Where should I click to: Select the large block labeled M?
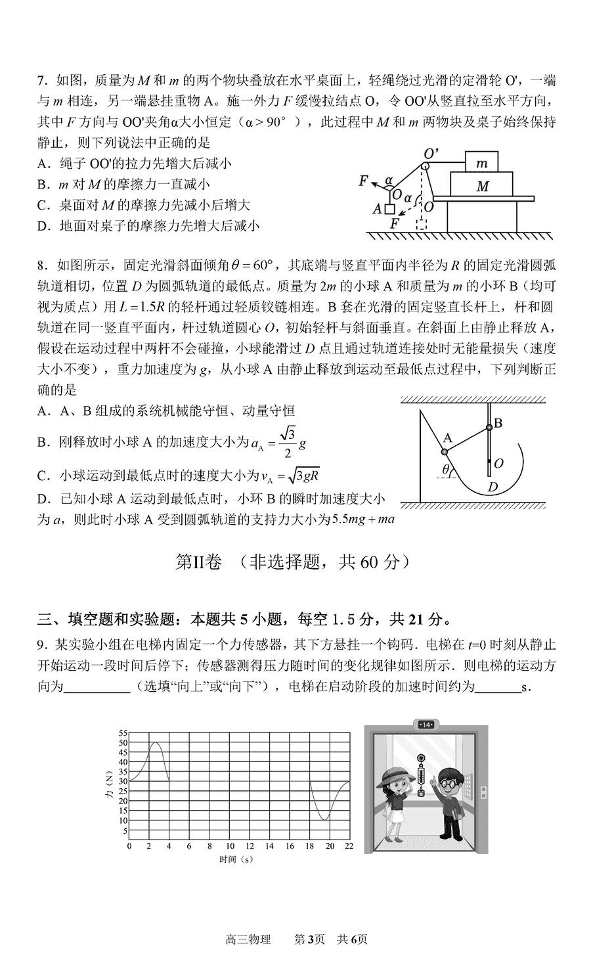[x=482, y=186]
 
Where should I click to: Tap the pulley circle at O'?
[x=426, y=166]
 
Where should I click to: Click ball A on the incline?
[x=445, y=451]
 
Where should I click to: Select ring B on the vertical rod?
[x=489, y=428]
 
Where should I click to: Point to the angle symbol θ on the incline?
[x=445, y=470]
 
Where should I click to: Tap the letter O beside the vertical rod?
[x=498, y=464]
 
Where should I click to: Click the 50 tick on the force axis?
[x=123, y=742]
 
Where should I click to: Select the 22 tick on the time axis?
[x=349, y=846]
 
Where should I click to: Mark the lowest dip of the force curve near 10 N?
[x=326, y=819]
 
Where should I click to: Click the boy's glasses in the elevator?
[x=450, y=783]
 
